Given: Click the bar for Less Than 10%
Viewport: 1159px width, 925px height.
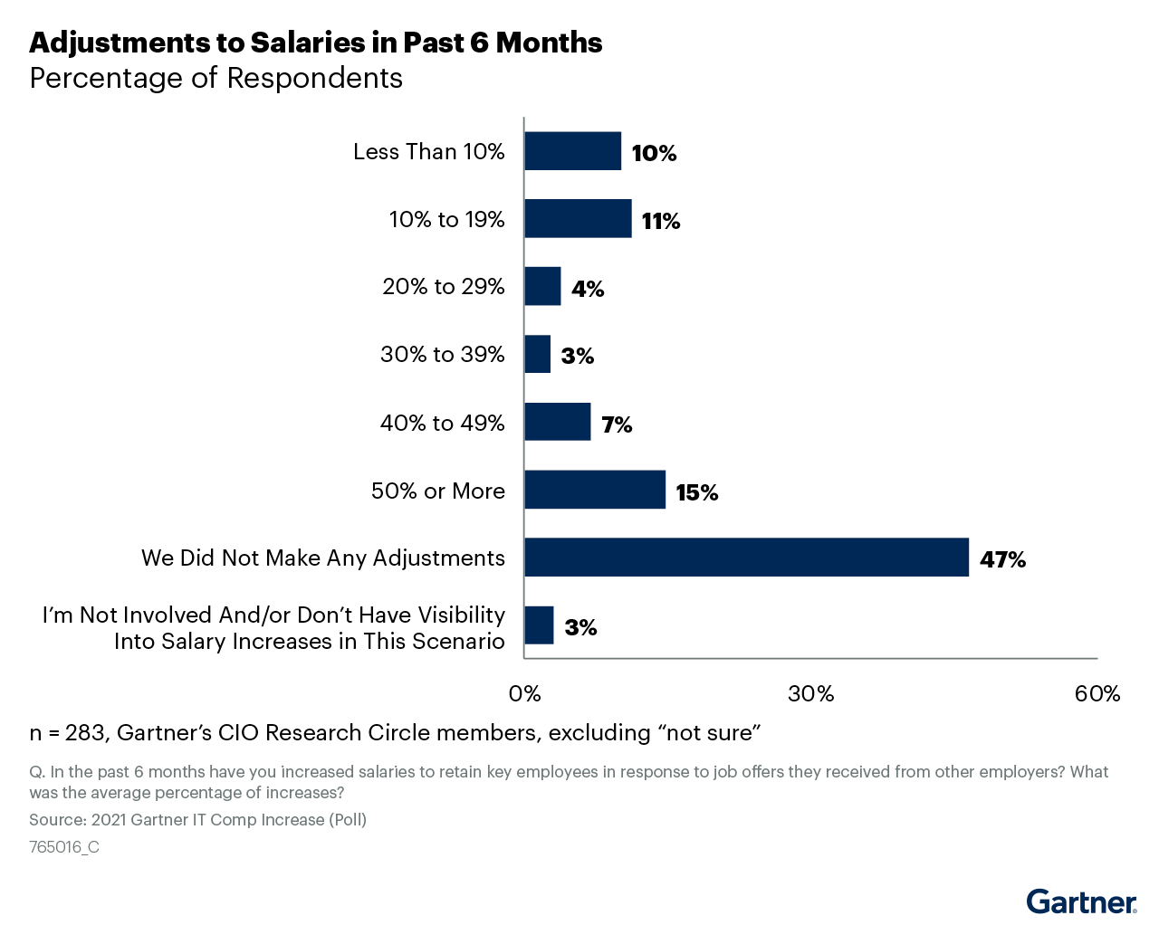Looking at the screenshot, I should click(x=572, y=151).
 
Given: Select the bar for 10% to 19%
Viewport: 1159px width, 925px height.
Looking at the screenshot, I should click(x=578, y=219).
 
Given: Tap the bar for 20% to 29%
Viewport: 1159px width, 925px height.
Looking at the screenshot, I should click(x=542, y=287).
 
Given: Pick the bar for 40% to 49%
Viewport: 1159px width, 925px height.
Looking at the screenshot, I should click(x=557, y=422).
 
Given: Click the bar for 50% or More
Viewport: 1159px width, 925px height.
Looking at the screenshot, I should click(x=595, y=490).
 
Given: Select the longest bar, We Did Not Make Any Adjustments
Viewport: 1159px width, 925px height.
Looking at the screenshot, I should click(x=746, y=558).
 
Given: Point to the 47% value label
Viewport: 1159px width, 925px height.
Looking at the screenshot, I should click(x=1002, y=559).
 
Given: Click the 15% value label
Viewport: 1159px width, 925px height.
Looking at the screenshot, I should click(x=696, y=492).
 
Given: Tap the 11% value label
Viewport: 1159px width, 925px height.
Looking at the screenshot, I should click(x=660, y=221).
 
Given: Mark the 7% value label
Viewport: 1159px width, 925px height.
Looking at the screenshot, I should click(x=617, y=424).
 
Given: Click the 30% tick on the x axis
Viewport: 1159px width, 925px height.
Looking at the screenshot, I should click(x=810, y=694).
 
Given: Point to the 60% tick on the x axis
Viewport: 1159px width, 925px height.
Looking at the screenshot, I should click(x=1097, y=694).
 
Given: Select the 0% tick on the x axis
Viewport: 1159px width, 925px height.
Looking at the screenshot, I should click(x=524, y=694).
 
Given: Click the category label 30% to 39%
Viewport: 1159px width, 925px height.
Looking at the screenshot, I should click(x=442, y=355).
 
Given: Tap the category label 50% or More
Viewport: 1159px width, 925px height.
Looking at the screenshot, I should click(x=438, y=491).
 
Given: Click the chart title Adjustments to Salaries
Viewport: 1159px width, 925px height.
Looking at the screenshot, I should click(x=315, y=43).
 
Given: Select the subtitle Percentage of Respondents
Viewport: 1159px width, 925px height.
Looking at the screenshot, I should click(x=216, y=79).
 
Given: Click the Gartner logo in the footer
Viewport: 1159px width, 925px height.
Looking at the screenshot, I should click(x=1081, y=902).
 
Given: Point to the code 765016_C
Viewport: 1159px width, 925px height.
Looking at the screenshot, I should click(x=64, y=847).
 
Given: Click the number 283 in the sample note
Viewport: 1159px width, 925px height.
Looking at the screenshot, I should click(x=85, y=733).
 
